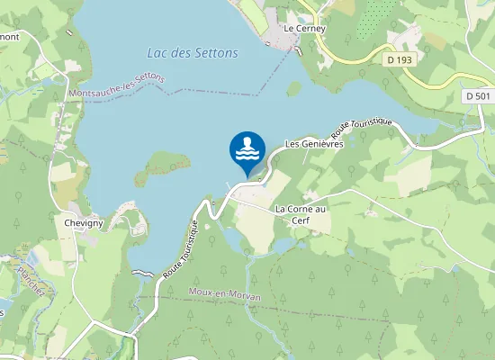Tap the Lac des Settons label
point(193,53)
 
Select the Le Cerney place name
point(303,28)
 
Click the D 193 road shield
point(401,59)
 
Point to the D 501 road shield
point(478,95)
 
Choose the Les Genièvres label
point(314,143)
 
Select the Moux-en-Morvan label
point(225,295)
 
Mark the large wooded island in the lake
point(167,164)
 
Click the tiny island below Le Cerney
point(293,89)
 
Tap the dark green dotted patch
point(368,22)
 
